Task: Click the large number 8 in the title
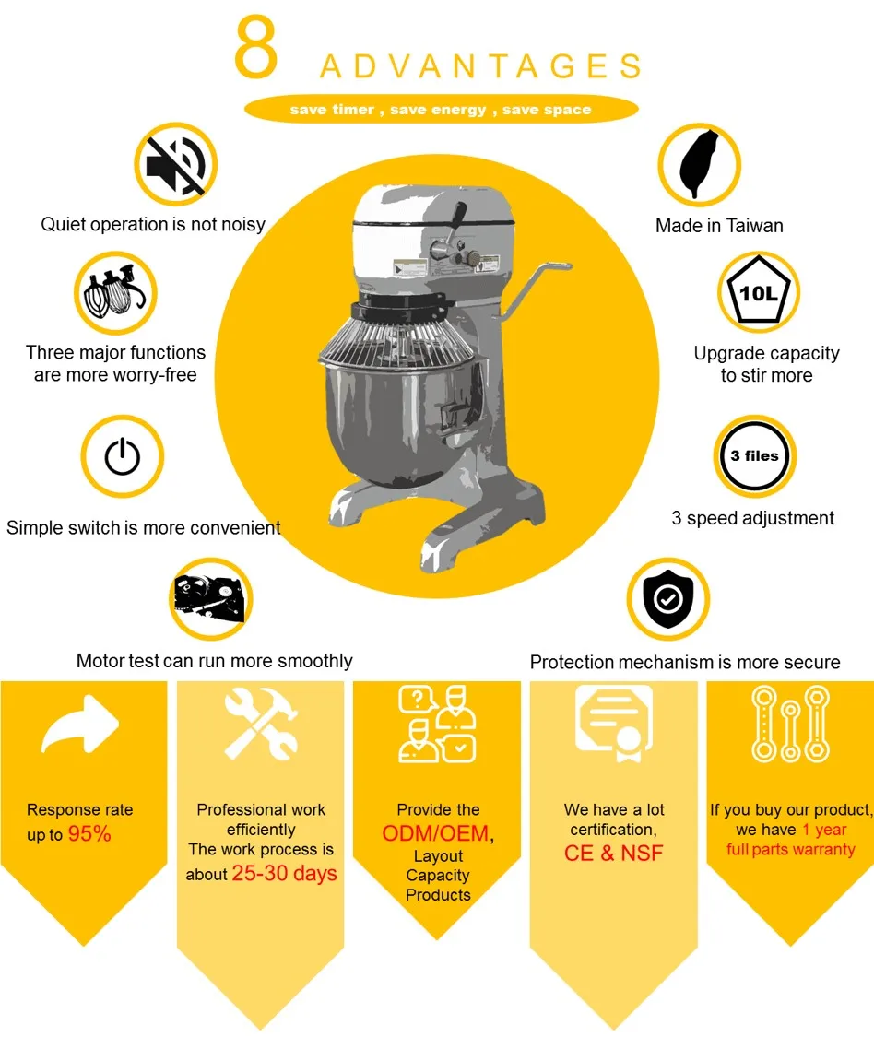pos(255,47)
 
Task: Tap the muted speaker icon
pos(176,165)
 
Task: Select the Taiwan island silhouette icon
pos(700,165)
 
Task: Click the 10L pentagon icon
pos(758,291)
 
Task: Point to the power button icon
pos(123,456)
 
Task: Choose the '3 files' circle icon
pos(754,456)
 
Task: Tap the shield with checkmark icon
pos(668,599)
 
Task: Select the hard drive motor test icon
pos(210,599)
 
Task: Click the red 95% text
pos(89,834)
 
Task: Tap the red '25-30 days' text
pos(285,873)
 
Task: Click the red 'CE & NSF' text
pos(613,854)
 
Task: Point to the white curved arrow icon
pos(80,725)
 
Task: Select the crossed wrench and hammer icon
pos(261,723)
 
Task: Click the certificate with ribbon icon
pos(615,722)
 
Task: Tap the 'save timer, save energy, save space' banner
pos(442,109)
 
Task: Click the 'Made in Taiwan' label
pos(719,226)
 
